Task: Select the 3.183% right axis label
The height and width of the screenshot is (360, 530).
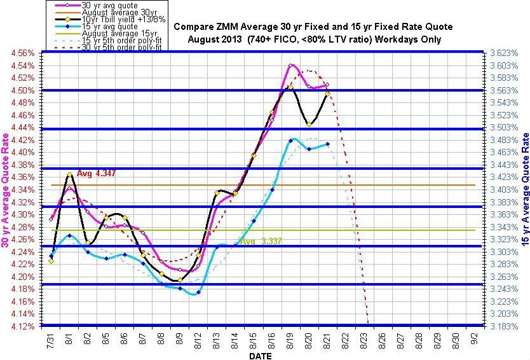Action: tap(506, 326)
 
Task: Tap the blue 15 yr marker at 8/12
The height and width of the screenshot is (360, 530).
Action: tap(198, 293)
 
